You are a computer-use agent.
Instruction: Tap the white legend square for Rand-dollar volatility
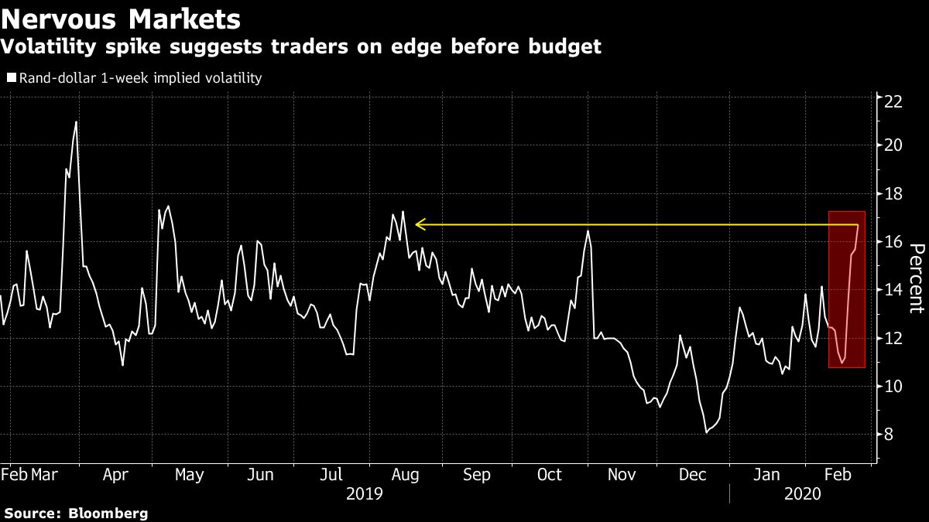click(x=10, y=78)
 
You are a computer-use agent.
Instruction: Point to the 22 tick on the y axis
click(x=893, y=99)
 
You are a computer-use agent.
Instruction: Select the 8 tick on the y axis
click(x=890, y=435)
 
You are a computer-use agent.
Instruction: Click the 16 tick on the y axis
click(x=893, y=243)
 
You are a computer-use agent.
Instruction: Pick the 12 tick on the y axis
click(x=893, y=339)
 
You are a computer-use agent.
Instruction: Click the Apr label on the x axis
click(x=116, y=475)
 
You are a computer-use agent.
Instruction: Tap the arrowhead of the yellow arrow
click(x=418, y=225)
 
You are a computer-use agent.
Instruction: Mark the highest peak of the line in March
click(x=76, y=121)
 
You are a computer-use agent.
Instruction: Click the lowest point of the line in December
click(x=706, y=432)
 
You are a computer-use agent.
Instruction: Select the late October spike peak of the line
click(x=588, y=230)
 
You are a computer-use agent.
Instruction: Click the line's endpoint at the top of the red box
click(x=858, y=224)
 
